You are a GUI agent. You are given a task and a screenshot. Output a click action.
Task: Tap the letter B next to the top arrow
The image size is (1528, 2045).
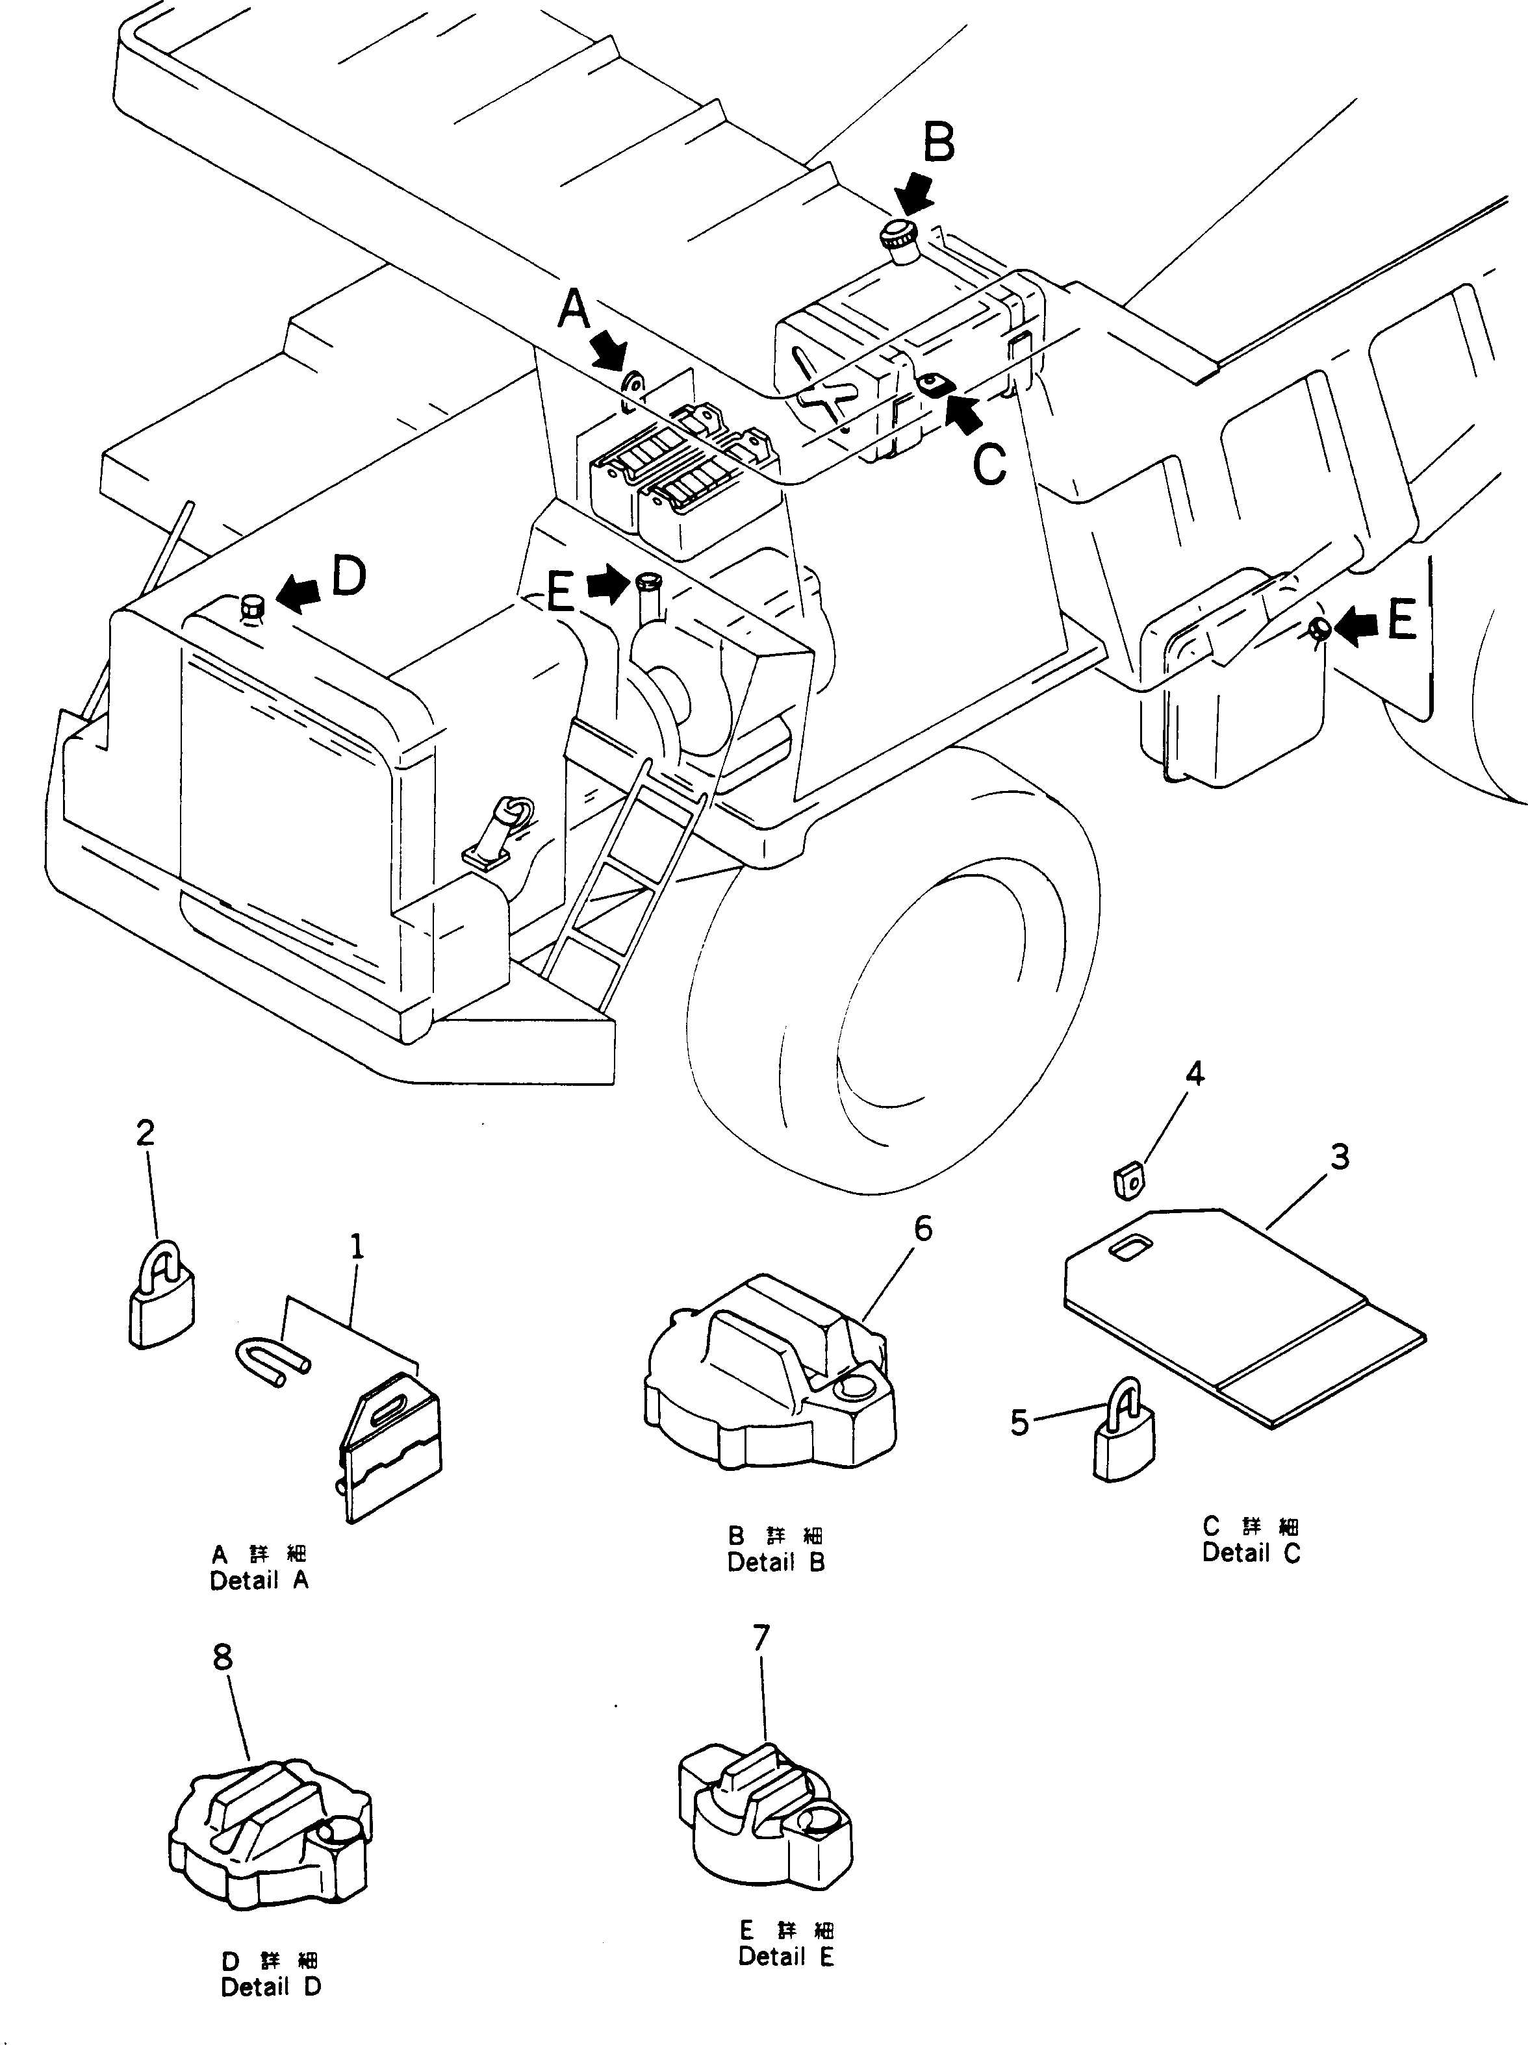tap(938, 145)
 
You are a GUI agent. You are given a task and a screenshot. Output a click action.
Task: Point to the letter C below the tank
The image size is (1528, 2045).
tap(989, 464)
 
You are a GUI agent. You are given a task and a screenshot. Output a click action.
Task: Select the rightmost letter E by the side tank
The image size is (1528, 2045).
tap(1402, 621)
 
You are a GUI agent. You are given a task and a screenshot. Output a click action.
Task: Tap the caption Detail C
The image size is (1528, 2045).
tap(1251, 1553)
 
